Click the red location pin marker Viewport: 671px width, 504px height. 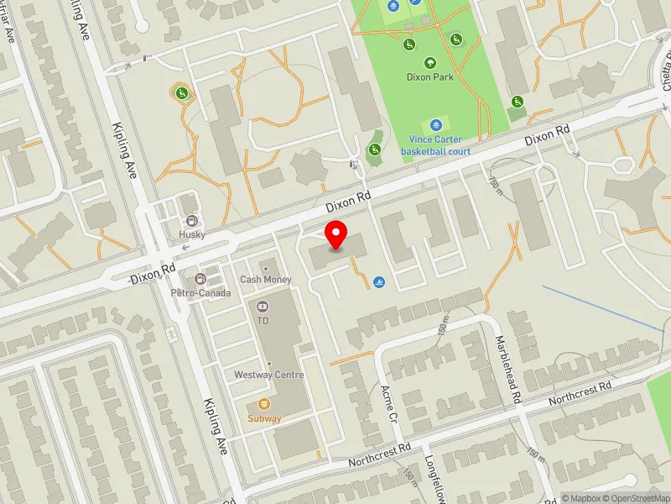[x=336, y=234]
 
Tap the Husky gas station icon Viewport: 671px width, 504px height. [x=192, y=222]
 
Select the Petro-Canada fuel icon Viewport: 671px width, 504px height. [x=200, y=279]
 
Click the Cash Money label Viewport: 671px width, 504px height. [x=266, y=279]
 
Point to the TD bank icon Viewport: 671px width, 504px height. [x=263, y=307]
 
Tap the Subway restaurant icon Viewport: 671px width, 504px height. [x=263, y=404]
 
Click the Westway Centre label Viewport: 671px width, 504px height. [x=268, y=375]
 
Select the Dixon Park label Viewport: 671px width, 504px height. [x=430, y=76]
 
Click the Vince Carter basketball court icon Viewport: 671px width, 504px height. [x=434, y=124]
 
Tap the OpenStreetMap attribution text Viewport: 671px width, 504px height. [x=635, y=498]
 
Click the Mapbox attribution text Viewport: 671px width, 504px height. [x=581, y=498]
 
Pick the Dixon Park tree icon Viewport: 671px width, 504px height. [x=430, y=62]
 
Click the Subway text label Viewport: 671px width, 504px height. [x=263, y=418]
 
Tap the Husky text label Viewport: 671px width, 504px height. [x=192, y=235]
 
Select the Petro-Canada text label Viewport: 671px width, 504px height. [x=200, y=293]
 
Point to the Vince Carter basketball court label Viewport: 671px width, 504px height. [x=434, y=145]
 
